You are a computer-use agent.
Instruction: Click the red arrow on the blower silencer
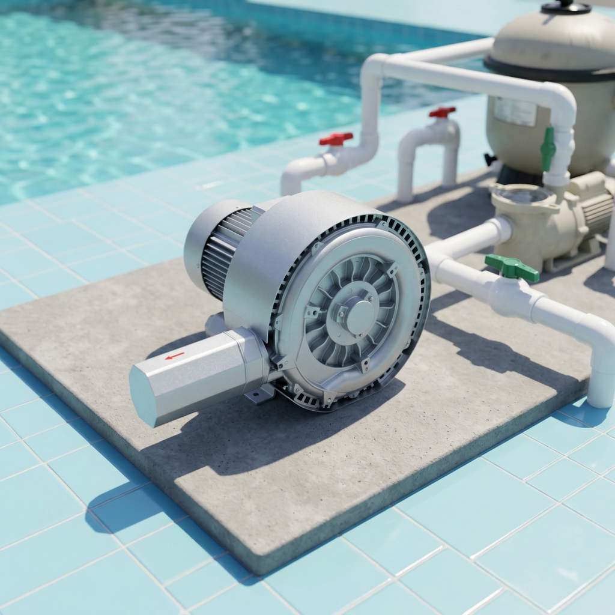(175, 356)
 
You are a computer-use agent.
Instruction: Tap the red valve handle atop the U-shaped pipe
(443, 112)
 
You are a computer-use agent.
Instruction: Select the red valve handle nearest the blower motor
(336, 139)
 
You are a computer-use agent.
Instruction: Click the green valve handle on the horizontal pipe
(512, 267)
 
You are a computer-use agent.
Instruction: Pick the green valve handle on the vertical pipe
(548, 148)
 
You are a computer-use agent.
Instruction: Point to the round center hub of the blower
(359, 317)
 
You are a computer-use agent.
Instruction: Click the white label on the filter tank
(515, 112)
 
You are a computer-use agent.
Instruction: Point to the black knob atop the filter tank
(566, 7)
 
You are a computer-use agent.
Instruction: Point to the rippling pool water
(150, 90)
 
